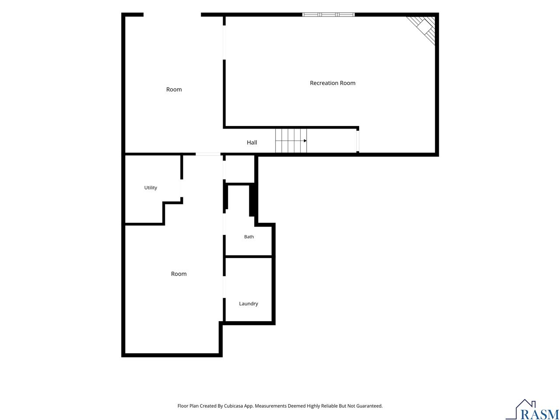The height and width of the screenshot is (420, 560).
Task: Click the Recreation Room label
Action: click(x=332, y=83)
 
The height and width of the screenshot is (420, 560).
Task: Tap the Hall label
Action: click(x=252, y=142)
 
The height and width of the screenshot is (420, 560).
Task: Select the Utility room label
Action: click(x=150, y=188)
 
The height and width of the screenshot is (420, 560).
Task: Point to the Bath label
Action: click(x=249, y=237)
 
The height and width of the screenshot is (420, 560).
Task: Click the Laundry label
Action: click(x=248, y=304)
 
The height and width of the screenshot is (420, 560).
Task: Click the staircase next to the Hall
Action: click(x=291, y=141)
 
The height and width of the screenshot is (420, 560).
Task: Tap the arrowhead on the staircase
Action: click(x=305, y=141)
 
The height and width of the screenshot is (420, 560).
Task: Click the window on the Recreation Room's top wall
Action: click(x=329, y=14)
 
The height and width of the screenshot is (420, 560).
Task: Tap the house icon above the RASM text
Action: click(x=525, y=405)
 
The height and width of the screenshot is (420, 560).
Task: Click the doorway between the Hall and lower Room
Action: click(x=208, y=154)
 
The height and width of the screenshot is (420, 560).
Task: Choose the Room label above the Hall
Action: click(x=174, y=90)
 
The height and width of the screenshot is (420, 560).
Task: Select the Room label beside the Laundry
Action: click(x=178, y=274)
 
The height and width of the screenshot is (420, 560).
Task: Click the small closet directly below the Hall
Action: click(x=240, y=169)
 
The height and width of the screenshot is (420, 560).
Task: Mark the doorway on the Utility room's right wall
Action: click(x=182, y=188)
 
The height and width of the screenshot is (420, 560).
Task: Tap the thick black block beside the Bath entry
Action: click(x=252, y=200)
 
